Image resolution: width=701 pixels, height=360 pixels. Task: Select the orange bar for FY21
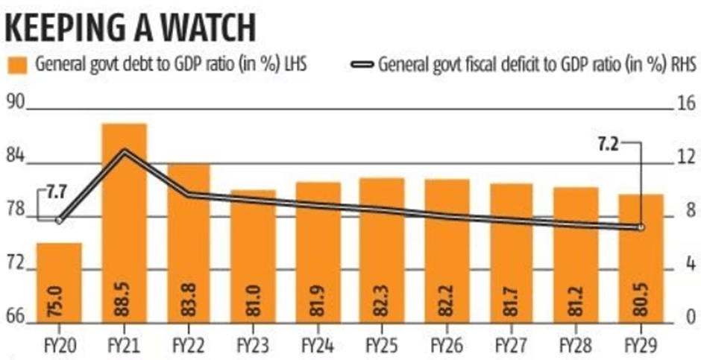coord(124,224)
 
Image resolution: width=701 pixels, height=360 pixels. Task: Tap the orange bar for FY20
coord(59,283)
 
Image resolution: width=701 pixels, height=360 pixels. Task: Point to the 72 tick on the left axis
coord(14,263)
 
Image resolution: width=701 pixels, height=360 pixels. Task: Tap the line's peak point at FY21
coord(124,151)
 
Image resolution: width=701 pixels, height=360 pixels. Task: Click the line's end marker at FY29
coord(640,227)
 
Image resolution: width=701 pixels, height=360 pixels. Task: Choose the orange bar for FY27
coord(511,253)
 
